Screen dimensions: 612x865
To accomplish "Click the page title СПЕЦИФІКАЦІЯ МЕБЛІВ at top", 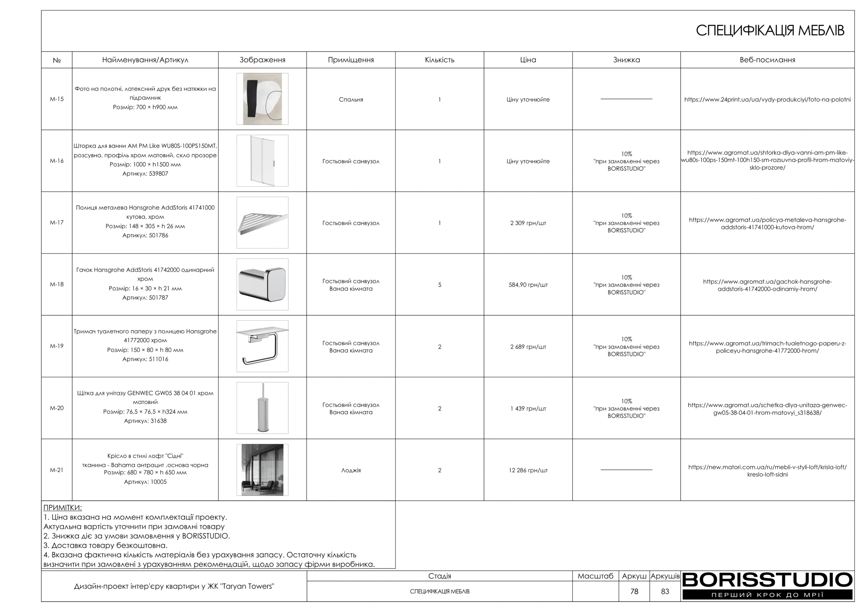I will click(x=770, y=31).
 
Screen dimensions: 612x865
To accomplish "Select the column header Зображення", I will click(x=262, y=60).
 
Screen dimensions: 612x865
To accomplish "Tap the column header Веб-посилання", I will click(x=767, y=60).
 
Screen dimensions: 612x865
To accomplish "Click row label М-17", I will click(x=57, y=223).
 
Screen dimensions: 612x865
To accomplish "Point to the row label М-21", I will click(x=57, y=470).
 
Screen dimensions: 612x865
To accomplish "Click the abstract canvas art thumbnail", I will click(x=262, y=99).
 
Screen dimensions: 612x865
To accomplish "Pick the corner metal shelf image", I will click(x=262, y=223).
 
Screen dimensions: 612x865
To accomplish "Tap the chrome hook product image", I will click(x=262, y=285).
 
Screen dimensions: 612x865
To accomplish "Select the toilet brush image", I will click(x=262, y=408).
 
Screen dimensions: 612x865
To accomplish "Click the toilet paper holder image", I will click(x=262, y=347).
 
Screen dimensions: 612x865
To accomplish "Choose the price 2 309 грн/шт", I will click(x=528, y=223).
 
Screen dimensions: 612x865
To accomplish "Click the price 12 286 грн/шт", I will click(x=528, y=471).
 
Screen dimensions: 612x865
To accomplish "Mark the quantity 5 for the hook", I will click(x=439, y=285).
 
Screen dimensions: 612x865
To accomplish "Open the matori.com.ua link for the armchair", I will click(x=767, y=471).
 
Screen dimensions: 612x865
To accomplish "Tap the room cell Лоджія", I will click(x=351, y=471).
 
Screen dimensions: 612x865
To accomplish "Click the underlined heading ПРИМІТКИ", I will click(x=63, y=508).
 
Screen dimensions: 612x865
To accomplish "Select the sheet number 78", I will click(x=634, y=592).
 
